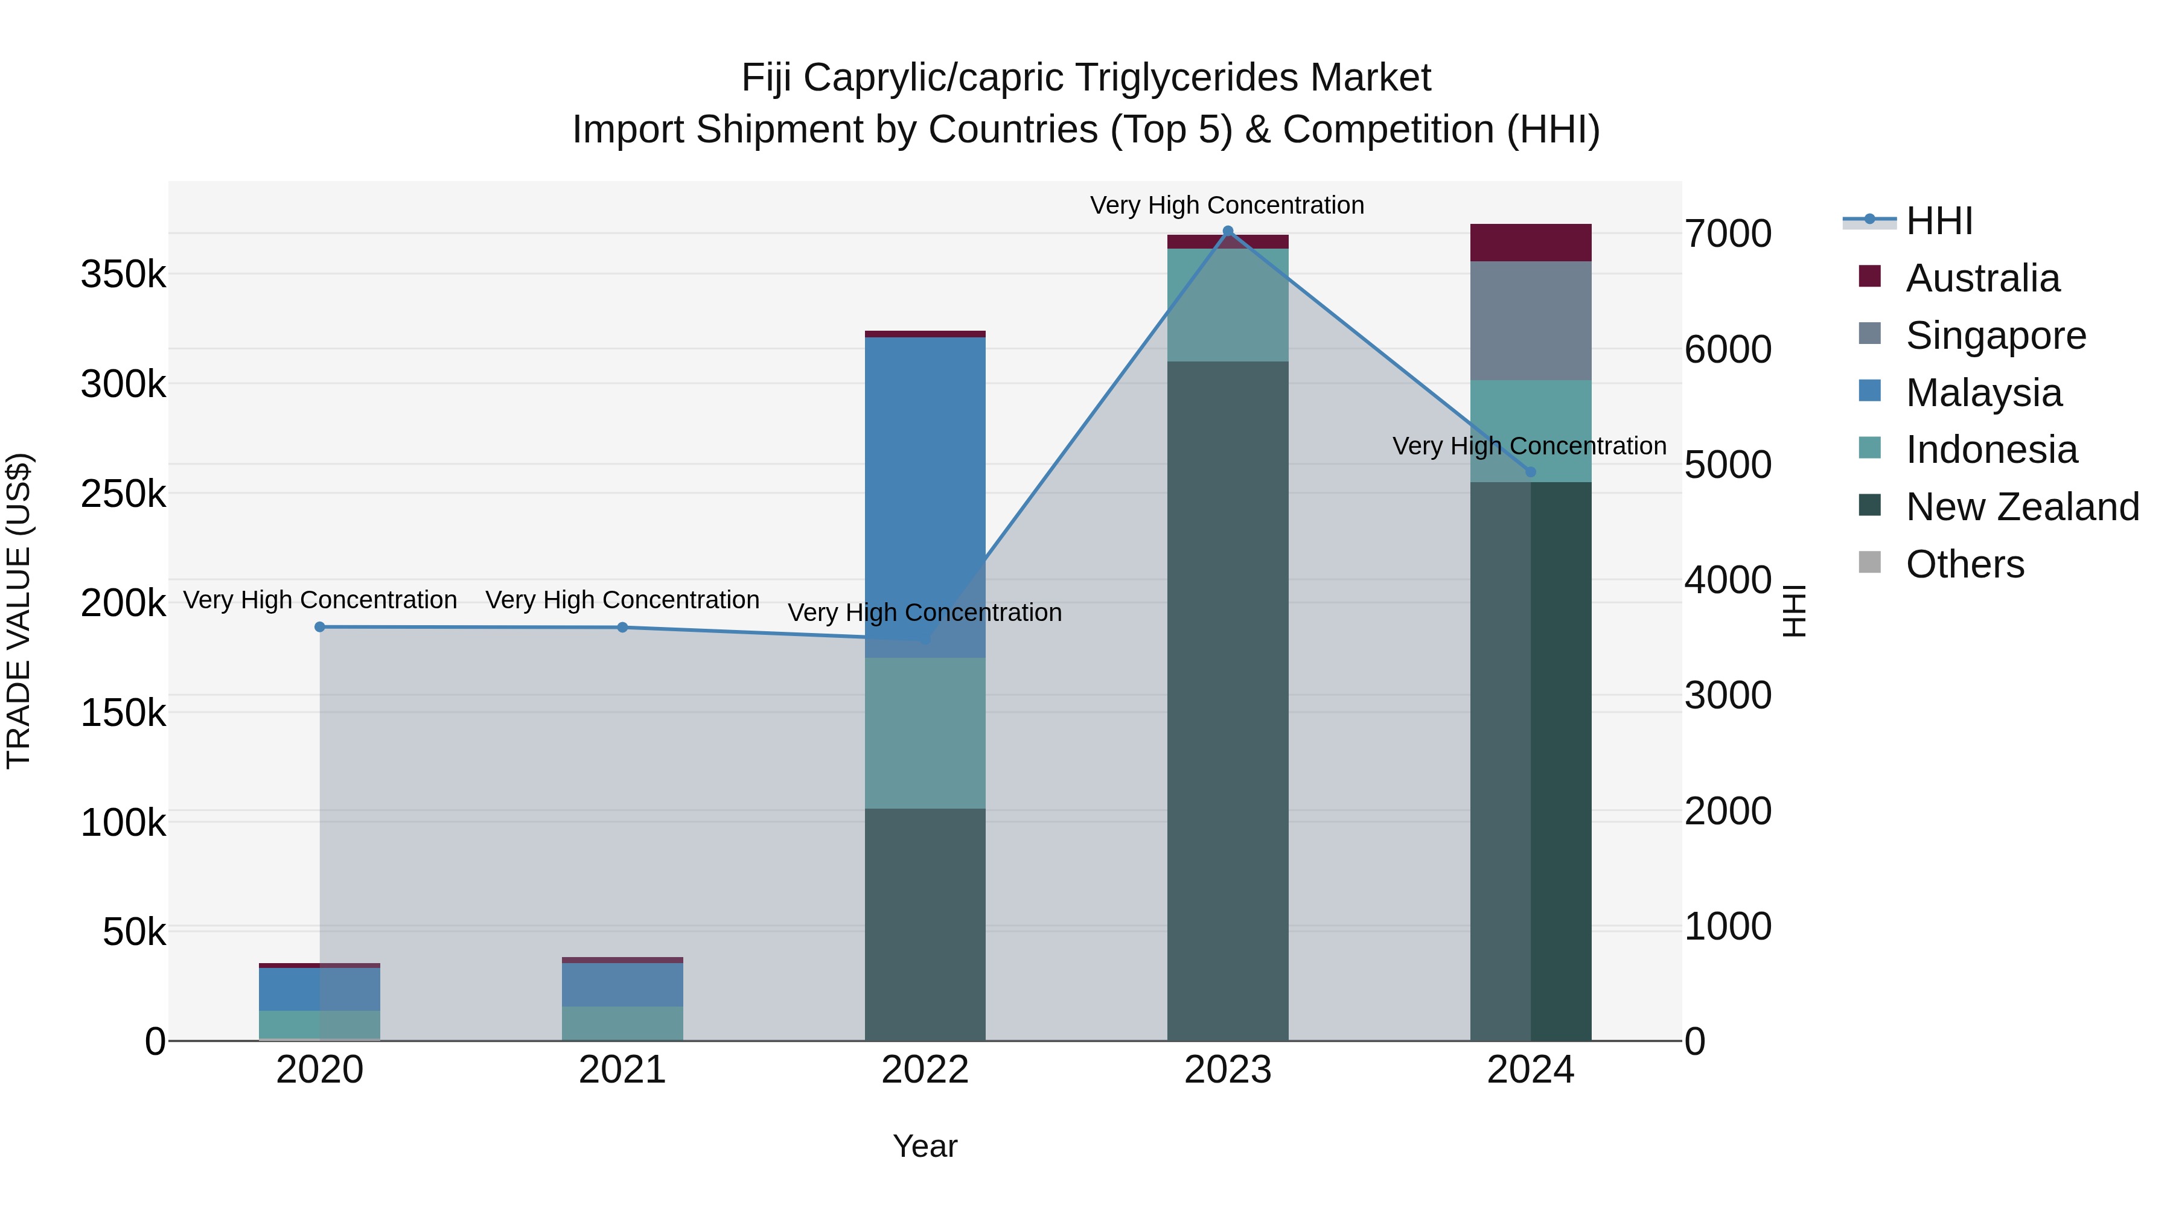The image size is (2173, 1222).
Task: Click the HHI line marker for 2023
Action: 1227,231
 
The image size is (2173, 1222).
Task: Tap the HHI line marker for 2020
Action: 320,626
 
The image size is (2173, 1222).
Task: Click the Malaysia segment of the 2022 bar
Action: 925,498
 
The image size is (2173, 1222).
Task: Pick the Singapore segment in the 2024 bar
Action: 1530,320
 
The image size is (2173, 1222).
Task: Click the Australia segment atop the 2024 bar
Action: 1530,243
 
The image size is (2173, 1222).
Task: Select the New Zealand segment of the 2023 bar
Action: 1227,700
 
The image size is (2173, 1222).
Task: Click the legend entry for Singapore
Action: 1995,336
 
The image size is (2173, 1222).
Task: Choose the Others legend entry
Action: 1965,564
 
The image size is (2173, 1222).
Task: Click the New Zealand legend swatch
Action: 1869,506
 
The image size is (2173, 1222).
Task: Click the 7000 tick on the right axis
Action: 1728,235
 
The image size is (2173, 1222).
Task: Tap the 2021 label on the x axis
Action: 622,1070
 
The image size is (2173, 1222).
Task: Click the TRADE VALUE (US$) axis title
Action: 19,611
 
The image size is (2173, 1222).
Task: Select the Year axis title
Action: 925,1146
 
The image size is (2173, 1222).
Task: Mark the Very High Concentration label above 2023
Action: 1227,205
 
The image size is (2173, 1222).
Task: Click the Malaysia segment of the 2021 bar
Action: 622,984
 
